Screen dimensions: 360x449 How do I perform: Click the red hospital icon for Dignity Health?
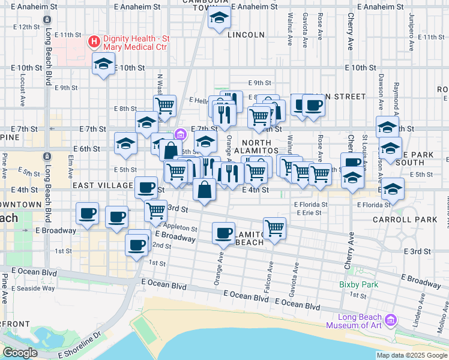pos(94,41)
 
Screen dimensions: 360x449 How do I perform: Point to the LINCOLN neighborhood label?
pos(246,35)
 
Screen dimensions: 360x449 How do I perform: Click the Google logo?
pos(20,353)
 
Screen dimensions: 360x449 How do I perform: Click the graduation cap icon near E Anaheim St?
pos(220,19)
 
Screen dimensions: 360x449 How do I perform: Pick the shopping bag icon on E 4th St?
pos(205,190)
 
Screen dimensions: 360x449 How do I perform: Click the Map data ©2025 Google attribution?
pos(411,355)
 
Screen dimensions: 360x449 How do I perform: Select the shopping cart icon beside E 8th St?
pos(164,106)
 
